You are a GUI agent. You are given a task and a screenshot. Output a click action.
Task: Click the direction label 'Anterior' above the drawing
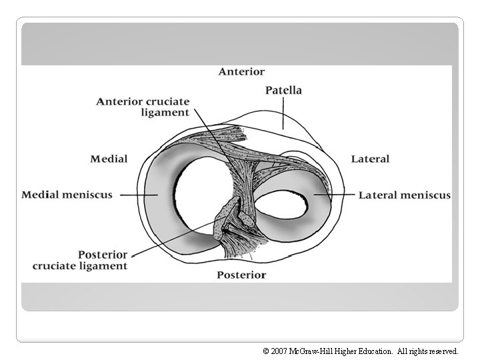click(241, 71)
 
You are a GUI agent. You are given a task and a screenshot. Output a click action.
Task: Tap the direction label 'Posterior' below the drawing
click(241, 275)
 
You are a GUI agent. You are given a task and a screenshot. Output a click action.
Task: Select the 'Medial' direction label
click(109, 159)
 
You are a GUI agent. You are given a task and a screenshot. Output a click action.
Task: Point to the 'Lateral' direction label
click(370, 159)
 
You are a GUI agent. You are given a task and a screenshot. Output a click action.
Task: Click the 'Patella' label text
click(283, 90)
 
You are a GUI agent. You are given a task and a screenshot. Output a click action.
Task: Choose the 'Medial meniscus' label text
click(67, 195)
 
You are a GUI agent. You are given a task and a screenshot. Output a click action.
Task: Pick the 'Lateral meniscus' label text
click(405, 195)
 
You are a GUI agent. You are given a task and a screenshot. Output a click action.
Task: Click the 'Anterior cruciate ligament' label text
click(143, 107)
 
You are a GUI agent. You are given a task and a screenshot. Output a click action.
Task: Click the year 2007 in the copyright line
click(280, 350)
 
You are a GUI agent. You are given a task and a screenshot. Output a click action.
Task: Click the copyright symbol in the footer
click(265, 350)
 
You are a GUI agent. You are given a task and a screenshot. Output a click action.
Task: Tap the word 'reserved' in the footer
click(441, 350)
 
